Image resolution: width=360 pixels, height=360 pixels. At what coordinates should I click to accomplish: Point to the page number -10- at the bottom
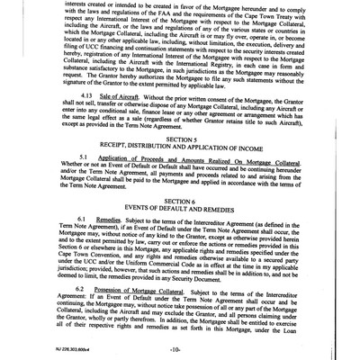(x=180, y=346)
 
